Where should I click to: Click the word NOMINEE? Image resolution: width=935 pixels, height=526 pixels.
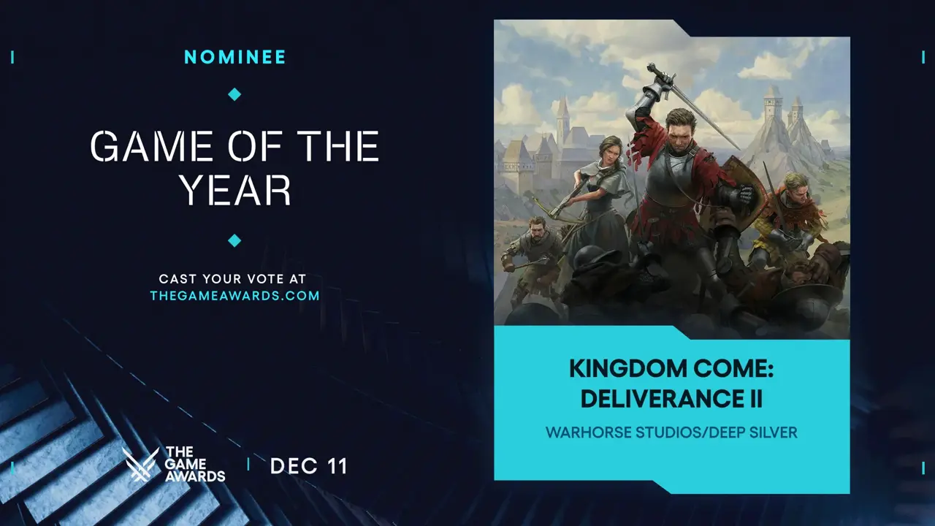coord(234,57)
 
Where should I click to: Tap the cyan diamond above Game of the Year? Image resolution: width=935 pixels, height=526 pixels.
coord(234,94)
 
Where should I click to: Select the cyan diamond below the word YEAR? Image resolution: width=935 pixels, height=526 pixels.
coord(234,240)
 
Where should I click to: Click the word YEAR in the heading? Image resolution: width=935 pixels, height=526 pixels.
coord(235,191)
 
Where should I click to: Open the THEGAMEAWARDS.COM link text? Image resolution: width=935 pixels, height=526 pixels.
coord(234,296)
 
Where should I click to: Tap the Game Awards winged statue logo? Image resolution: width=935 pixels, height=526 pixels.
coord(140,464)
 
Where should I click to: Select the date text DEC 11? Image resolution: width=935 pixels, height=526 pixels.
coord(308,466)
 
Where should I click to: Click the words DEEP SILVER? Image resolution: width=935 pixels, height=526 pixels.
coord(753,432)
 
